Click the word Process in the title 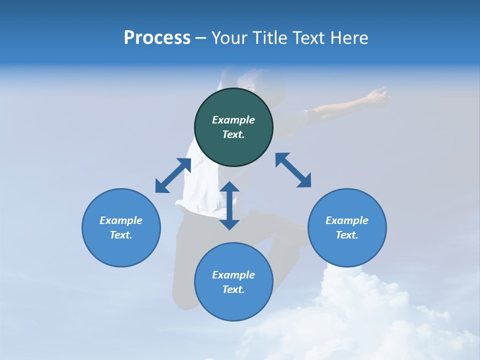pos(157,38)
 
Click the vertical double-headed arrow pos(229,205)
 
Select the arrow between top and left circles pos(173,175)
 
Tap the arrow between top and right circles pos(293,170)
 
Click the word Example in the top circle pos(233,120)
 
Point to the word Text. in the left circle pos(121,235)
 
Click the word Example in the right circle pos(347,220)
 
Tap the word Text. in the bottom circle pos(233,289)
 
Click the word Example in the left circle pos(121,220)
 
